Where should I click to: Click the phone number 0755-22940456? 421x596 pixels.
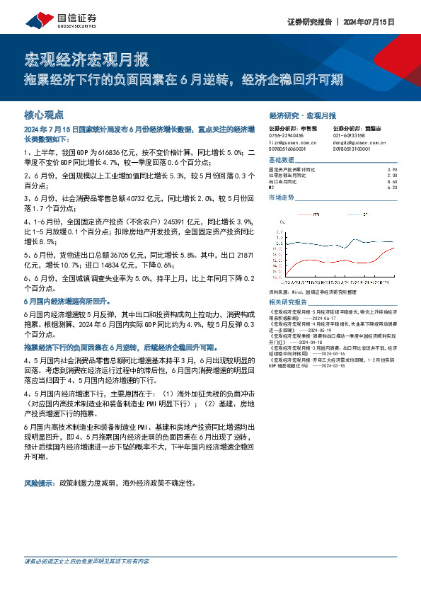click(x=287, y=134)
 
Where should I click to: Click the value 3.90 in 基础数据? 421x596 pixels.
click(x=393, y=170)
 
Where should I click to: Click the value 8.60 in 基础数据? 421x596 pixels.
click(x=393, y=182)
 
